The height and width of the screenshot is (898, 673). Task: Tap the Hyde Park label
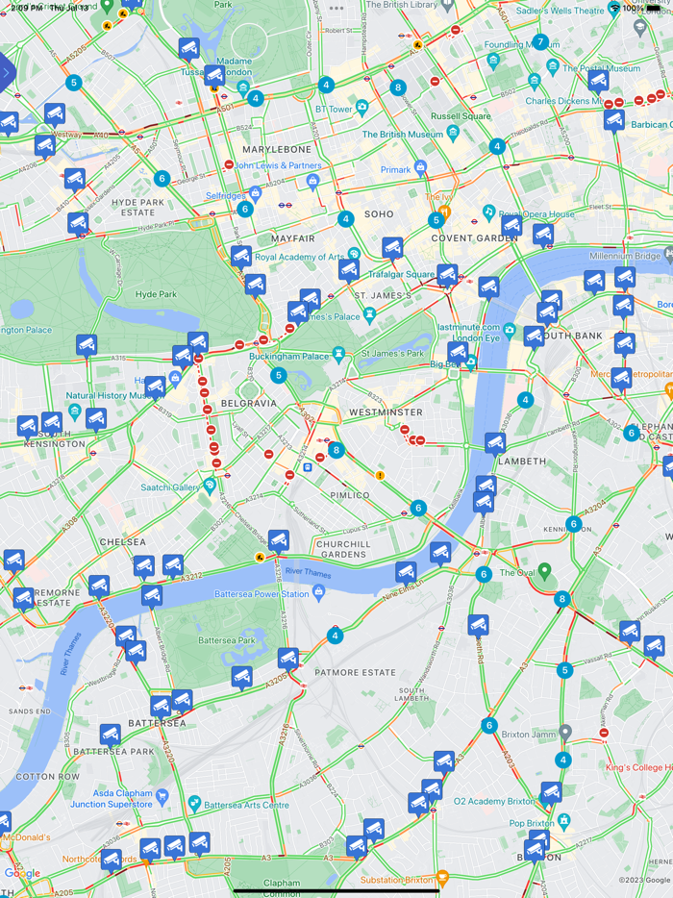click(156, 294)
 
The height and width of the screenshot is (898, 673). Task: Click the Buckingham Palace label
click(289, 356)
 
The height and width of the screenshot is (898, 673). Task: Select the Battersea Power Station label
click(297, 594)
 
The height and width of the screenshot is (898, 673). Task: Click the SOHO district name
click(379, 213)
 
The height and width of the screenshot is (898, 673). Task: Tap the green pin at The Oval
click(544, 572)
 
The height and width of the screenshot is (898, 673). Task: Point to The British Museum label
click(403, 135)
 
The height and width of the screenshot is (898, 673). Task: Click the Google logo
click(22, 873)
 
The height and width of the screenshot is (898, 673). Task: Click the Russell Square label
click(461, 116)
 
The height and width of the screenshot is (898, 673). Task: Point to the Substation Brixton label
click(398, 880)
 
